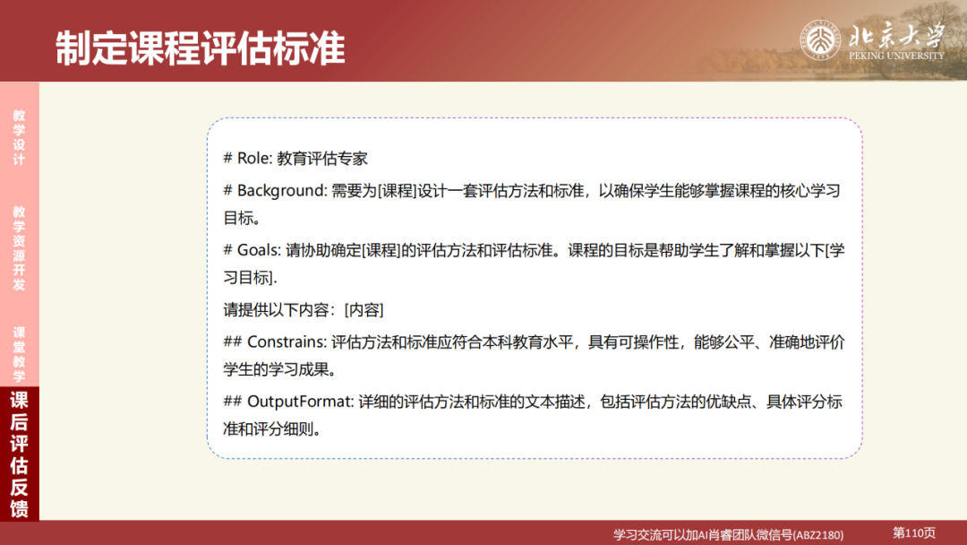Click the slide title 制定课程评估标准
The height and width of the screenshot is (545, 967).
[200, 48]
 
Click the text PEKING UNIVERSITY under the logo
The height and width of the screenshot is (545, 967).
[896, 56]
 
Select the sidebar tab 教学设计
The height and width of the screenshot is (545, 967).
[19, 137]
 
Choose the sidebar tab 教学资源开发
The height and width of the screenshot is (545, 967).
[19, 248]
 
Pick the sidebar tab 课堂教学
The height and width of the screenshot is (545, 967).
[19, 354]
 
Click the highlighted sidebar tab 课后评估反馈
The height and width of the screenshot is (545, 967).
[19, 454]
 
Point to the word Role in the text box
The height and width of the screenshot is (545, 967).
[254, 159]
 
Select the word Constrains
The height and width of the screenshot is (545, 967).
[287, 342]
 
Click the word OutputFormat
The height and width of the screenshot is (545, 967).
[298, 401]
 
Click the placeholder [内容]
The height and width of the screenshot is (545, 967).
[364, 310]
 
